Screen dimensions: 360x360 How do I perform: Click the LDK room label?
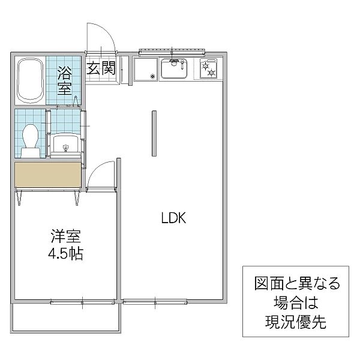coord(173,218)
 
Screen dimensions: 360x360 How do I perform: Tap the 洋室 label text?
coord(65,236)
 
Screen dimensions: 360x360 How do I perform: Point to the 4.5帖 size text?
coord(65,253)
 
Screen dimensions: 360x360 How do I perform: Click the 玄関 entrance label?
coord(101,68)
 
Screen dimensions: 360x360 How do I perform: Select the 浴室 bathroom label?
coord(65,80)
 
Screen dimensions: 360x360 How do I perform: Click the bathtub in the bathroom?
coord(31,80)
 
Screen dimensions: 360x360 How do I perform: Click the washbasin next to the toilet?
coord(65,144)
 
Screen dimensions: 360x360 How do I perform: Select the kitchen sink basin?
coord(174,68)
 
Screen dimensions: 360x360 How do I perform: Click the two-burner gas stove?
coord(208,68)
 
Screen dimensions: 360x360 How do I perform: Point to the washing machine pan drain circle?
coord(152,76)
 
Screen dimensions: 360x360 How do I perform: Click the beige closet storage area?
coord(48,175)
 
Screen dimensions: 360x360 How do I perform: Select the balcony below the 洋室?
coord(65,318)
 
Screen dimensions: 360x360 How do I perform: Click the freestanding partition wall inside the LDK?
coord(154,133)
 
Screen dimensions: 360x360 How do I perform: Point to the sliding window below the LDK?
coord(155,301)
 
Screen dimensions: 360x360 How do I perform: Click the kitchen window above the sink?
coord(172,53)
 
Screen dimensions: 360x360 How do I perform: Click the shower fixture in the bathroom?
coord(76,101)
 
